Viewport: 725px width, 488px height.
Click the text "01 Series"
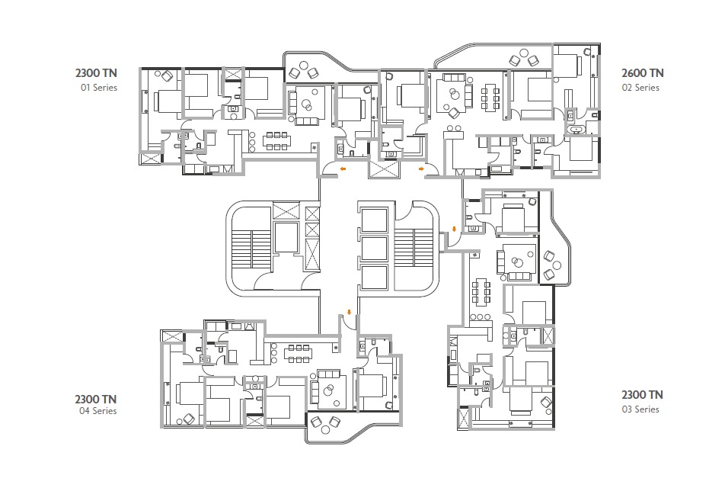tap(99, 88)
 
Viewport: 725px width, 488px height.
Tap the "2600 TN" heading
tap(642, 73)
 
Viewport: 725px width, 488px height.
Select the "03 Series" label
tap(640, 409)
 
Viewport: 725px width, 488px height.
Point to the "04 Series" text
tap(98, 411)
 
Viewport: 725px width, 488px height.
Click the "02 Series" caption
tap(640, 88)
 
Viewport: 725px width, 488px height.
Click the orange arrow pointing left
tap(343, 169)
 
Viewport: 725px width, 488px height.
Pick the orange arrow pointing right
tap(421, 169)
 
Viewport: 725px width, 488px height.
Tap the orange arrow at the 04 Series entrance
tap(349, 313)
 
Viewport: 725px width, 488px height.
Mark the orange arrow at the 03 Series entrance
tap(454, 230)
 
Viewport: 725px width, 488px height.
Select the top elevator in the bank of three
tap(374, 220)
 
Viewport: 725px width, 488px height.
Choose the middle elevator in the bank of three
tap(374, 249)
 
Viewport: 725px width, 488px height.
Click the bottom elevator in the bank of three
tap(374, 278)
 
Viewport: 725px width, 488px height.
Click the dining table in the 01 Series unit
tap(277, 141)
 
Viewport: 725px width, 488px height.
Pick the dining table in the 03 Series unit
tap(481, 292)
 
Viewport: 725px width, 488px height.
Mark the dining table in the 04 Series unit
tap(299, 353)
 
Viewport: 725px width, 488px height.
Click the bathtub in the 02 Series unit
tap(576, 130)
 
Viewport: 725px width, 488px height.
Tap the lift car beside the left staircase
tap(286, 237)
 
